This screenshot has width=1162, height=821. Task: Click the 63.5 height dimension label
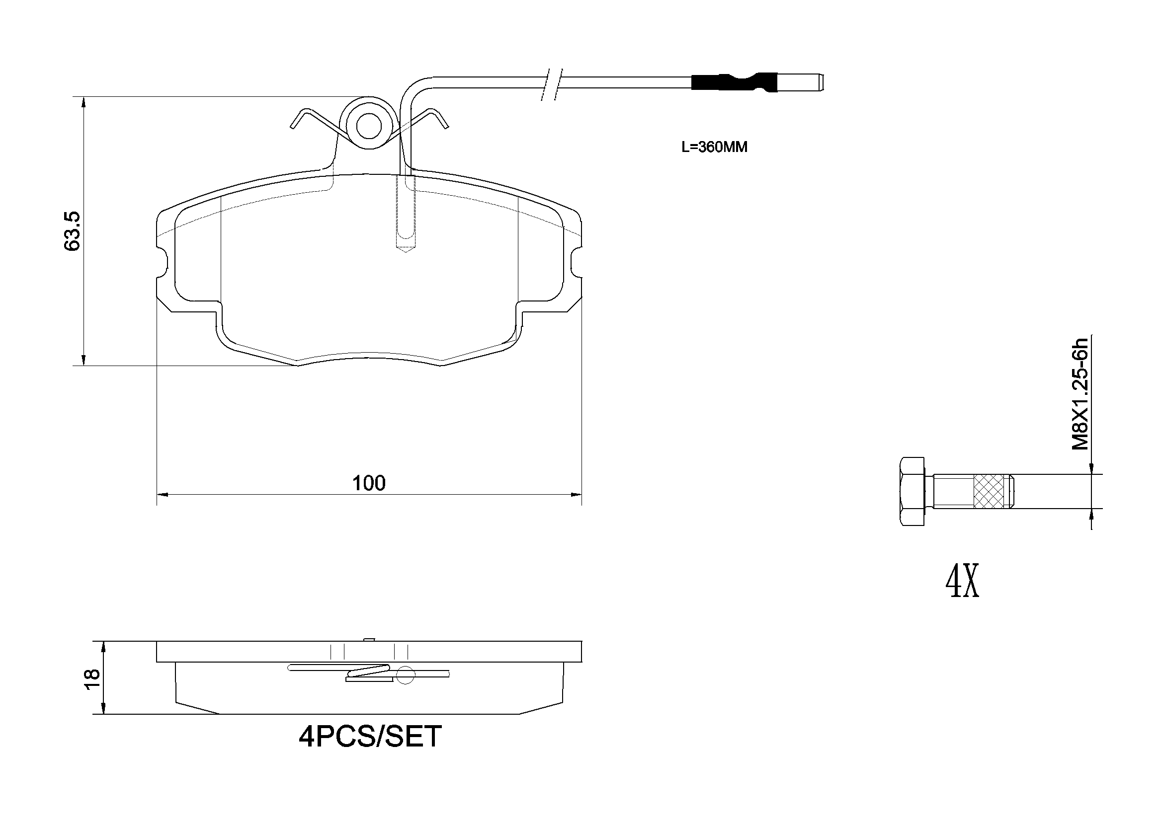[x=73, y=230]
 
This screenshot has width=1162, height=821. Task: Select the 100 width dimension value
[x=369, y=484]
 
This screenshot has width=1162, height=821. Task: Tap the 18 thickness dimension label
[x=92, y=679]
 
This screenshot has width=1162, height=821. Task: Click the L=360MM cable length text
[x=714, y=147]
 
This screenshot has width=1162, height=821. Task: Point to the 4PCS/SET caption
[x=370, y=737]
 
